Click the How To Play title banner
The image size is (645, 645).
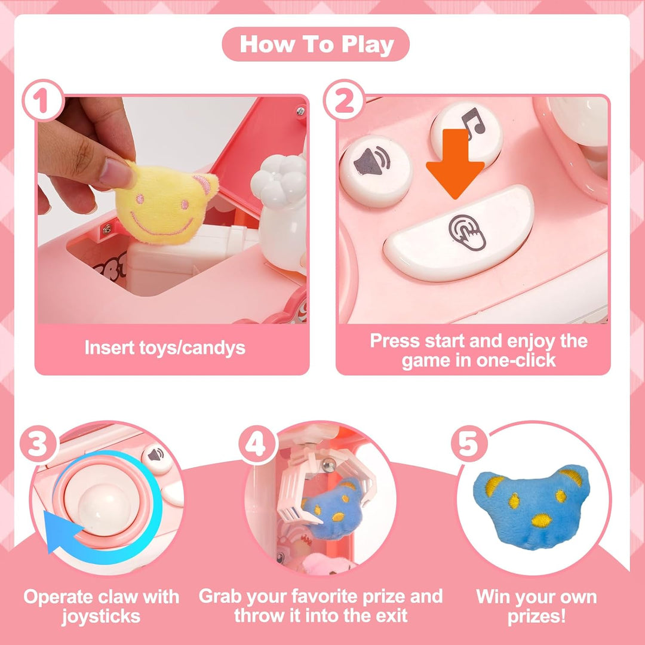[x=315, y=44]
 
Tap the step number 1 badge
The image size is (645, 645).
[x=42, y=100]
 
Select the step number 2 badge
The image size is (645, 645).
[x=344, y=100]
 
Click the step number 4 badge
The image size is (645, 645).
[x=258, y=444]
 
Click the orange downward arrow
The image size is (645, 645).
[x=455, y=164]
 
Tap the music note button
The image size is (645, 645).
[x=466, y=134]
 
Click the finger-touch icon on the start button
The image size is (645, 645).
[x=467, y=232]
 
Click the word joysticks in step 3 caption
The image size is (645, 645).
[x=101, y=616]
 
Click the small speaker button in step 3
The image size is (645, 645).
[x=156, y=457]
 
